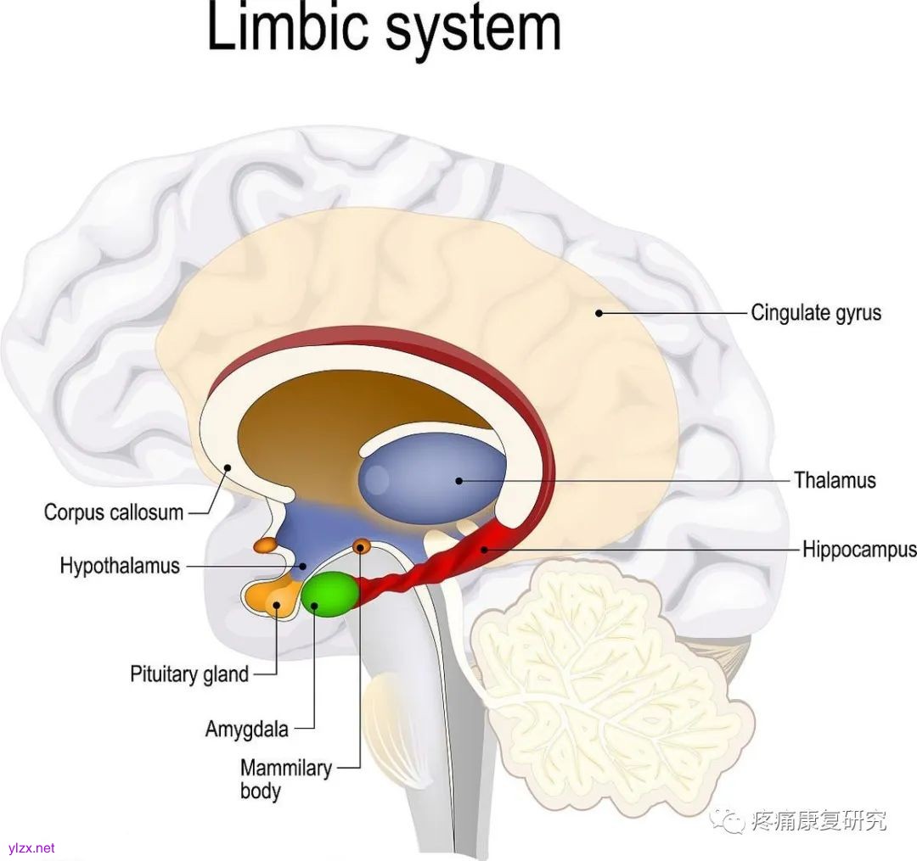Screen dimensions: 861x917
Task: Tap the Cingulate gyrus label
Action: (815, 313)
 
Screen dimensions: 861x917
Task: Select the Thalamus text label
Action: (835, 480)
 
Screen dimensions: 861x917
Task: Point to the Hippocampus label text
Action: (858, 550)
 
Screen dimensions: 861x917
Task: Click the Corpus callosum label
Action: (114, 512)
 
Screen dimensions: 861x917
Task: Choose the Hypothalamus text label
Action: (120, 566)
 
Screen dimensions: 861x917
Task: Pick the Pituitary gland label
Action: (189, 674)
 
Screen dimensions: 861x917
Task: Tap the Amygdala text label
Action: (247, 728)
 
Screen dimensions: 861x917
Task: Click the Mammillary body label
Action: (285, 779)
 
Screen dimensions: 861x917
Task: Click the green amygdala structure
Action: (329, 593)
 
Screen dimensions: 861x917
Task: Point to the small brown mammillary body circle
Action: (361, 545)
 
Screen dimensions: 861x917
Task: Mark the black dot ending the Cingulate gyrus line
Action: (599, 313)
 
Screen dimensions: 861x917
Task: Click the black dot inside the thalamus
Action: (459, 480)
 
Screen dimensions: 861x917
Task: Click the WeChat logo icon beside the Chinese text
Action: (728, 820)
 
